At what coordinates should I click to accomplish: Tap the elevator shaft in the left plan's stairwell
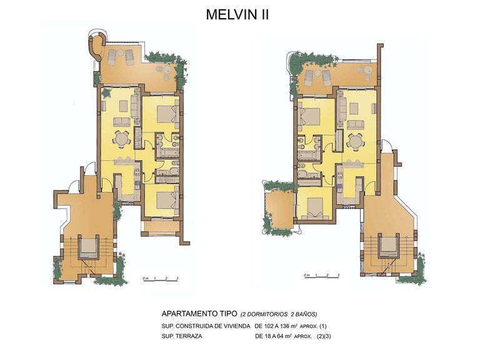89,247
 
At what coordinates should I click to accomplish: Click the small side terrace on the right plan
276,206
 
